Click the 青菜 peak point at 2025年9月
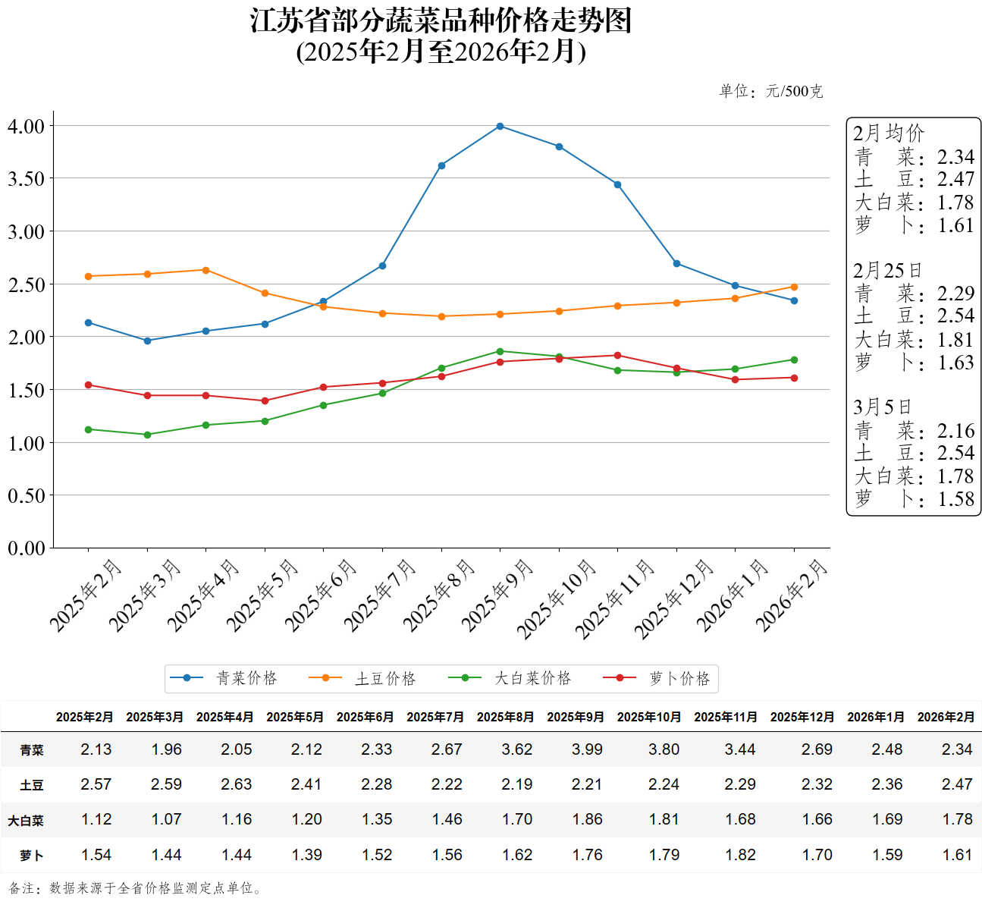point(500,126)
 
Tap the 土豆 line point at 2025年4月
point(206,270)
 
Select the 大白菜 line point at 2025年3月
point(147,435)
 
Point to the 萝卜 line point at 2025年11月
point(617,355)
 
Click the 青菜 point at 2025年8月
point(441,165)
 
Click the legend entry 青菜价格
point(224,678)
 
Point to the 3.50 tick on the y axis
point(27,179)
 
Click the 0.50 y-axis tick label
point(27,495)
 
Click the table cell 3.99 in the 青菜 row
point(587,749)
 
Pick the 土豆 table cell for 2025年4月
point(236,784)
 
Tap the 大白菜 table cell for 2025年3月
point(166,819)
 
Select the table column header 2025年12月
point(802,717)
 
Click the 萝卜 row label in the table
point(32,855)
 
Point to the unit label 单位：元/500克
point(770,92)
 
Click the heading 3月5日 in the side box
point(881,407)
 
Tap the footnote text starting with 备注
point(136,888)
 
